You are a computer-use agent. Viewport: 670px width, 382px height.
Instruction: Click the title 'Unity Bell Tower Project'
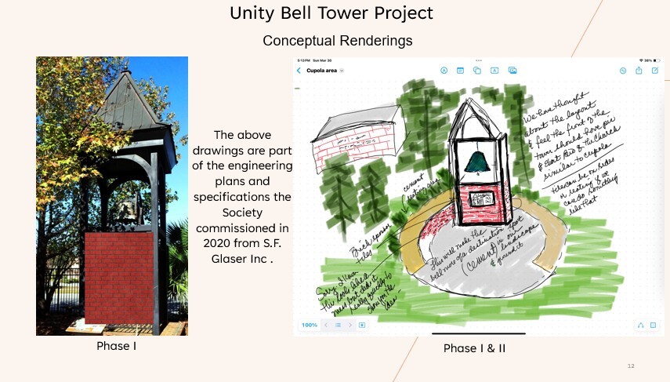[x=331, y=13]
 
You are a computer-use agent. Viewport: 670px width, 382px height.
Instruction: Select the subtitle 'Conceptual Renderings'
[x=337, y=40]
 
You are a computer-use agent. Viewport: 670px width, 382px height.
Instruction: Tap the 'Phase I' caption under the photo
[x=117, y=346]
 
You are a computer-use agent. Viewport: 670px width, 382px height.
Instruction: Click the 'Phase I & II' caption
[x=474, y=348]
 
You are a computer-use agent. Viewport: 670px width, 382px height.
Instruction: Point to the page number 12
[x=632, y=366]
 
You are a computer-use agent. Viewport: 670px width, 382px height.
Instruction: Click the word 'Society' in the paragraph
[x=241, y=212]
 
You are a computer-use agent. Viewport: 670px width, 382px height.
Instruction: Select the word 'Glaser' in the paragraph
[x=233, y=259]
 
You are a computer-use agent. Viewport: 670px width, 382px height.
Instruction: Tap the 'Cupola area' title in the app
[x=321, y=71]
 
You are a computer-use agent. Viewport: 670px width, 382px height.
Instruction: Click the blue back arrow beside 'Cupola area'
[x=299, y=71]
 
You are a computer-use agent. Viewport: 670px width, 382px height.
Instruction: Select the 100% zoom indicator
[x=309, y=325]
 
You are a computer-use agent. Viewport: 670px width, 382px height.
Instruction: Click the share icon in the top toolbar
[x=639, y=71]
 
